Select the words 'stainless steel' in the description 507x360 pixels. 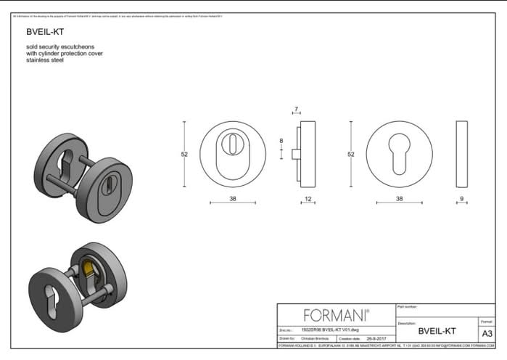(44, 60)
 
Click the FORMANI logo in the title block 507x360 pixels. (336, 315)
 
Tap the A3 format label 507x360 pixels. (487, 332)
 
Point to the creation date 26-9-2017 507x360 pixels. (374, 338)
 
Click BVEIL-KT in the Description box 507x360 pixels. (437, 331)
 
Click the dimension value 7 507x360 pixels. (296, 110)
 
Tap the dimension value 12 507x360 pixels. (308, 198)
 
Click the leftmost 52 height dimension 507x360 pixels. (184, 154)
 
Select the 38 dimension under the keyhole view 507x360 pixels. (399, 198)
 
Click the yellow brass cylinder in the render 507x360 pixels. (88, 273)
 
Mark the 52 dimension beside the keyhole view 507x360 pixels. (351, 154)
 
